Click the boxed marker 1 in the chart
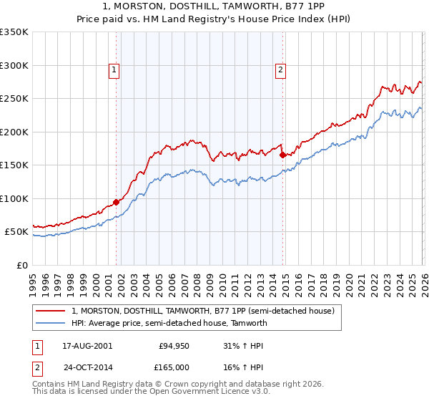click(114, 69)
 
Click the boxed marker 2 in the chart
click(280, 69)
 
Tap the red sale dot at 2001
click(116, 202)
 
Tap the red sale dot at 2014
click(282, 155)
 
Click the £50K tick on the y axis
click(16, 232)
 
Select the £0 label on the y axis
click(23, 265)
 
